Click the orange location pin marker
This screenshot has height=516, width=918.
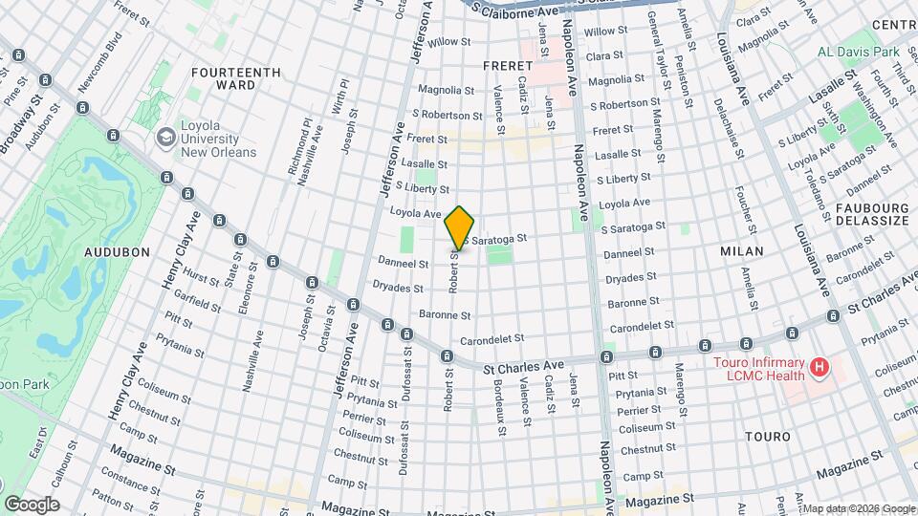pos(459,227)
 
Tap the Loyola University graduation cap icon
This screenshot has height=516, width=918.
pos(168,137)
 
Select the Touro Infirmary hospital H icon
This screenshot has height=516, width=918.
pos(819,366)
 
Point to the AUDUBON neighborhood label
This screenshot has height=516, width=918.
pos(118,252)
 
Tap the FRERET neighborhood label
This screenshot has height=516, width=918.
pos(500,65)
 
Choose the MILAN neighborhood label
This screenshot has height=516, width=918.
pos(742,251)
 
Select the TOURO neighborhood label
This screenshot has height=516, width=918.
pos(770,437)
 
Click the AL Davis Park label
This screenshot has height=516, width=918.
pos(859,51)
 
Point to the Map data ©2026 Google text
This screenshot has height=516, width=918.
pos(858,508)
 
